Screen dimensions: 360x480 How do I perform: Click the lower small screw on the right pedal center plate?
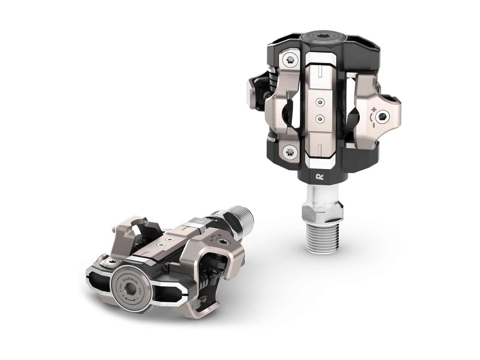pos(321,119)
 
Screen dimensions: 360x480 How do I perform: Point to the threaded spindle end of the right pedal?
pos(320,231)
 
